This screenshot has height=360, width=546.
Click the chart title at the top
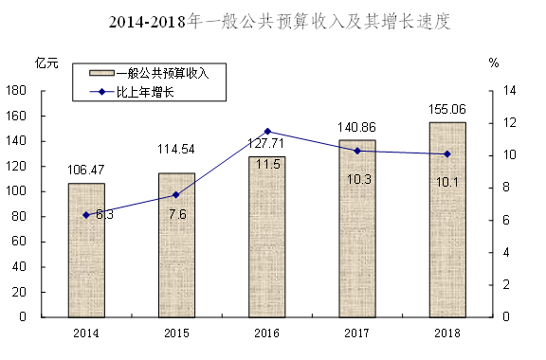click(x=280, y=22)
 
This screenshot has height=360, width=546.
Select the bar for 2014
click(x=86, y=250)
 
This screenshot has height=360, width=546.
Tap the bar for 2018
click(x=447, y=220)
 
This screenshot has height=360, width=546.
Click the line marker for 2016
click(x=267, y=132)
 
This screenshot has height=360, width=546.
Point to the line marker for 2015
click(x=176, y=195)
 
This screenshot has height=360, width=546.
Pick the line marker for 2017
click(x=357, y=151)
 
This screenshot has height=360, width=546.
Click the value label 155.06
click(x=447, y=110)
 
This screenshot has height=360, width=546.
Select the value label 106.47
click(x=85, y=170)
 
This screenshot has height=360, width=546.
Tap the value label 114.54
click(x=176, y=150)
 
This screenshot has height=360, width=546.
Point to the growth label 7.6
click(x=177, y=214)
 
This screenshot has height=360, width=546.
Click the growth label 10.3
click(x=359, y=179)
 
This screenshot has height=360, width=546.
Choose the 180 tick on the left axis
click(x=16, y=91)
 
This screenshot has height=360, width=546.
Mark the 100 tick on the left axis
click(x=16, y=191)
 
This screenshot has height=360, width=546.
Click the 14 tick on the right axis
click(x=509, y=91)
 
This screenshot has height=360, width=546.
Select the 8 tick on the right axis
click(x=506, y=188)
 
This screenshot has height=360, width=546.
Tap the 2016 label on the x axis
click(x=266, y=333)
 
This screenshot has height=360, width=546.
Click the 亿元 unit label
click(x=46, y=63)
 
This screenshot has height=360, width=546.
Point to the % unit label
click(x=494, y=63)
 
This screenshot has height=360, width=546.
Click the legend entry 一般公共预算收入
click(x=149, y=73)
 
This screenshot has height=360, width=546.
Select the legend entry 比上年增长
click(x=132, y=92)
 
